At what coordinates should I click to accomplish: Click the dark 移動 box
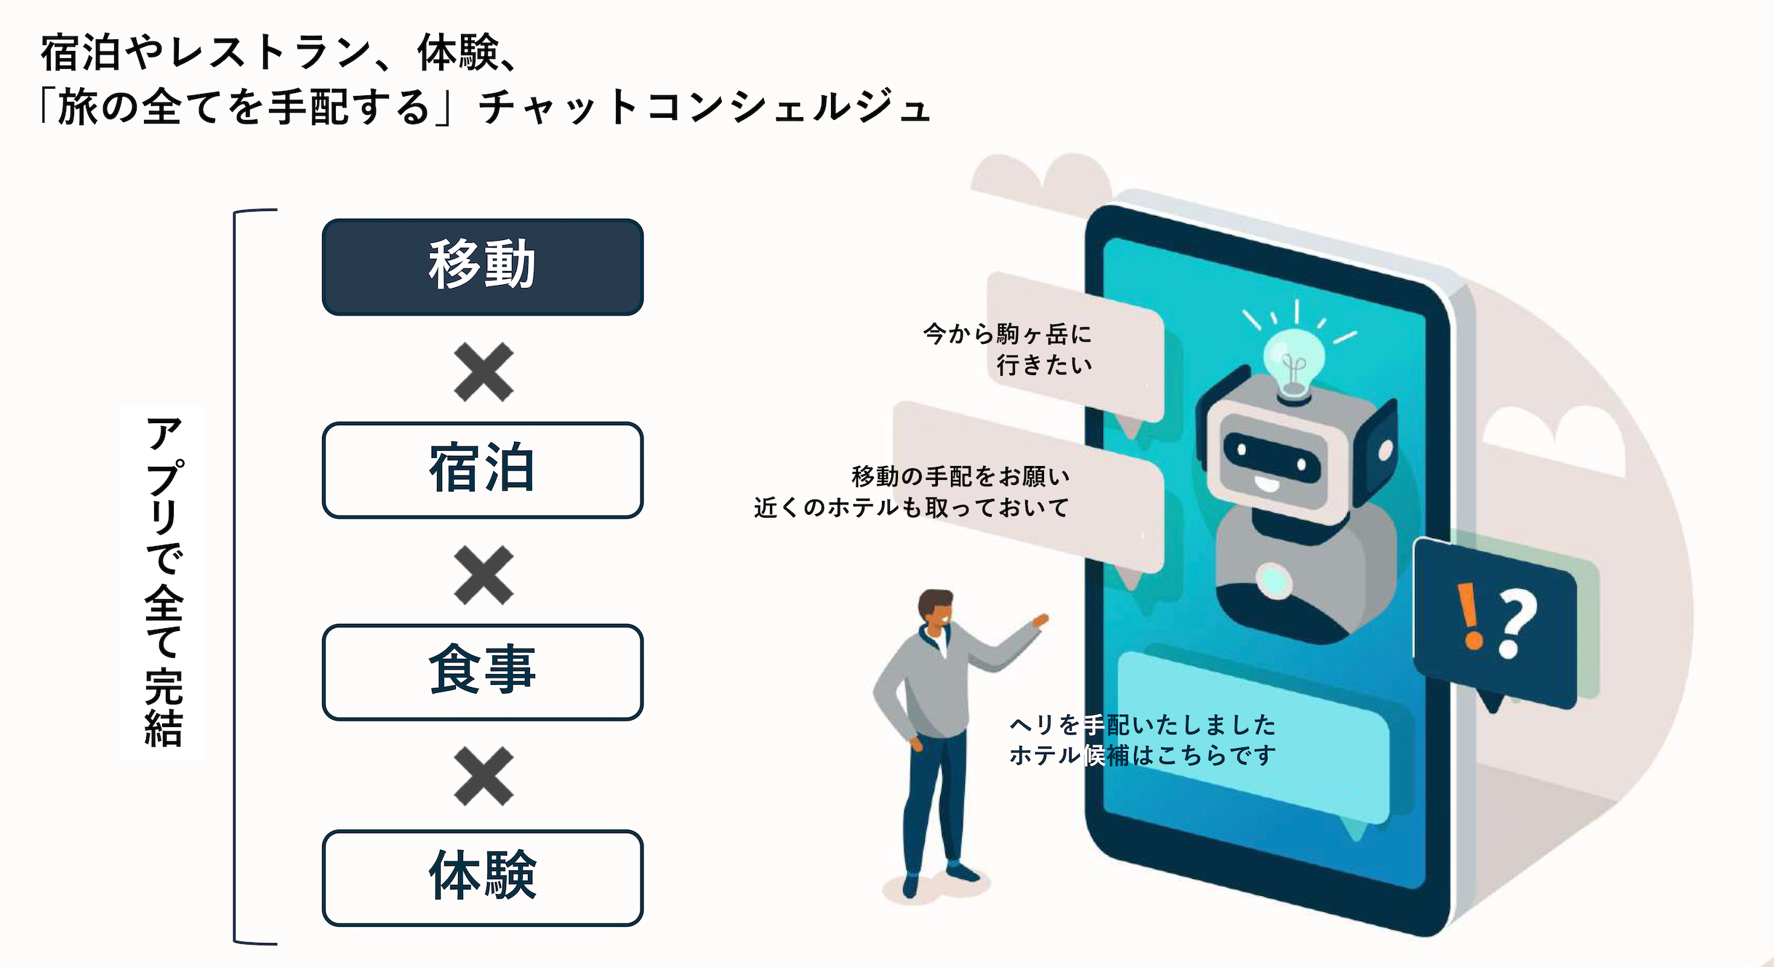[482, 266]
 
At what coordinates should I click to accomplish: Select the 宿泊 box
[482, 470]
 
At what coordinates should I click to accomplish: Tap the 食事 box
[482, 672]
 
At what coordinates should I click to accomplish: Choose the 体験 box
[482, 878]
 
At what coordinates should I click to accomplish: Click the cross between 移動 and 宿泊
[483, 372]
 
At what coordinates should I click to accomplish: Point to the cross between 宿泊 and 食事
[483, 575]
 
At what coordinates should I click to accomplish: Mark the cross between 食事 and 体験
[483, 777]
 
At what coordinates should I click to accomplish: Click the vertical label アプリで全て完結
[163, 582]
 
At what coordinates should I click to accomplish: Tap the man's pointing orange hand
[1041, 620]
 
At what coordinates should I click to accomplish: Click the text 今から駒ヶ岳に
[1008, 334]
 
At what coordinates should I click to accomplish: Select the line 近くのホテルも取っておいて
[912, 507]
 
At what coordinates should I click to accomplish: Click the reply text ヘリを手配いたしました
[1142, 724]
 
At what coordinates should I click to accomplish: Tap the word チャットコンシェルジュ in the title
[704, 108]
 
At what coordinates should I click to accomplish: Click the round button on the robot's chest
[1274, 580]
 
